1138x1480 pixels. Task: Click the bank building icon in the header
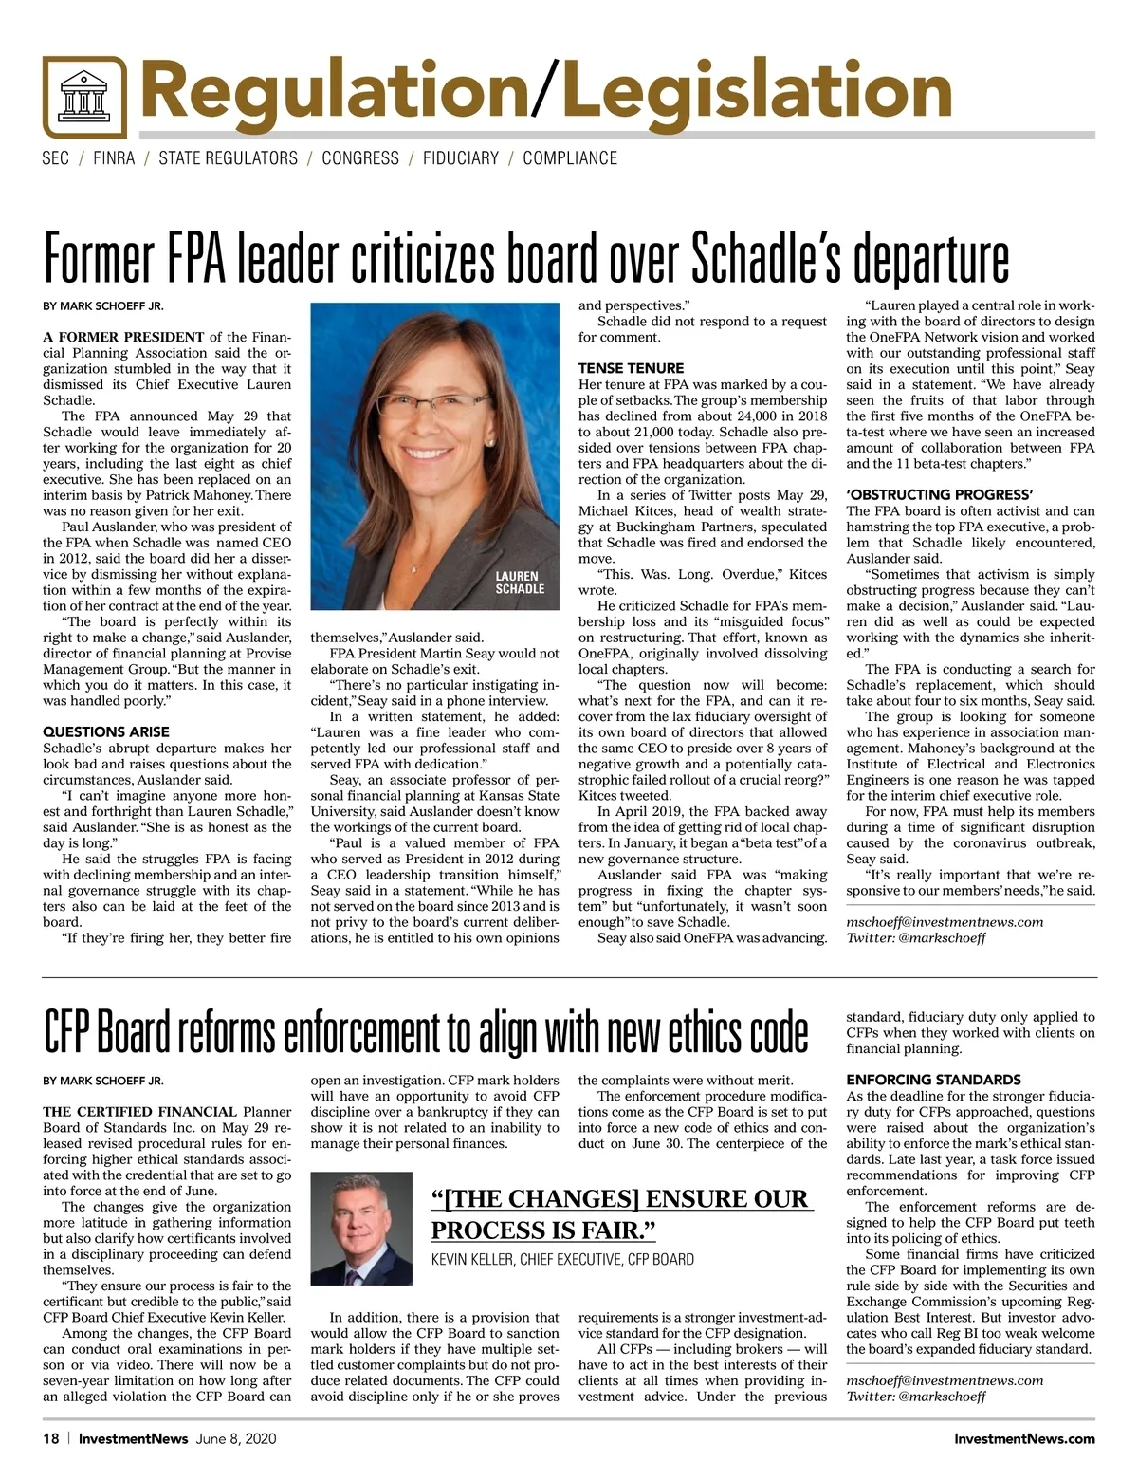[84, 97]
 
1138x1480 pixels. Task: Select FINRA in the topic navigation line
[114, 158]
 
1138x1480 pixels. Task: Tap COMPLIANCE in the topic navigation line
[569, 158]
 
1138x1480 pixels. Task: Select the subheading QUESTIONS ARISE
[106, 731]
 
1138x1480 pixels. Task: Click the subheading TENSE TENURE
[631, 368]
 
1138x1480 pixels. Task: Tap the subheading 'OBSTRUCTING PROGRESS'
[939, 494]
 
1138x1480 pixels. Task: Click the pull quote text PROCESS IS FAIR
[543, 1230]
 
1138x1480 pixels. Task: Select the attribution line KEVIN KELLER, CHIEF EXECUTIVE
[562, 1260]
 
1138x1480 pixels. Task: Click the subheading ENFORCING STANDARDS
[933, 1080]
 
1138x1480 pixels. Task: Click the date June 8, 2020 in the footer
[236, 1439]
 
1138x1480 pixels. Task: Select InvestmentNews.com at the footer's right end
[1024, 1439]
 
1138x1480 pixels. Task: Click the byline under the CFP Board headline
[103, 1081]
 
